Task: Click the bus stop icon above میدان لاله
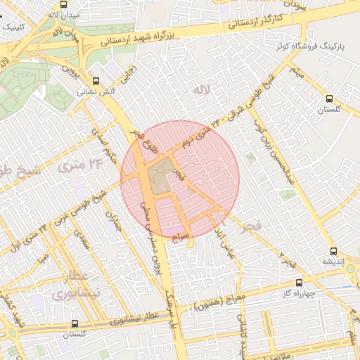point(53,4)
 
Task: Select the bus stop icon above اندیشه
point(333,251)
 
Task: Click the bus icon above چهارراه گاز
point(300,283)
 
